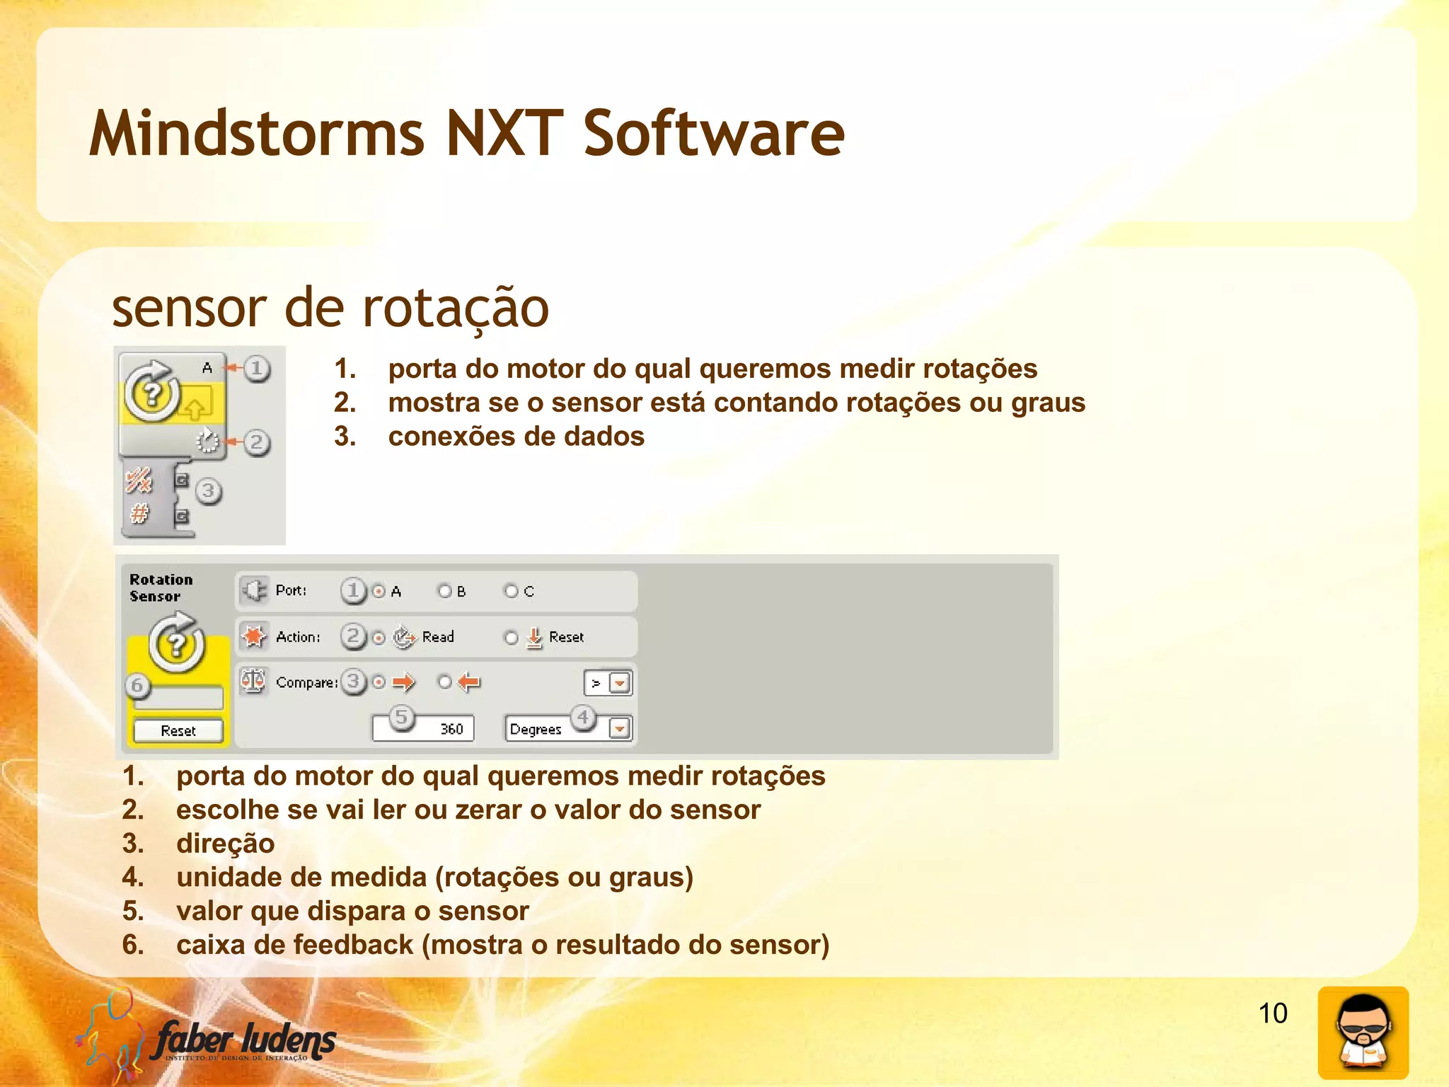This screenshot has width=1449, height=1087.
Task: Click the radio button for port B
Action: coord(445,591)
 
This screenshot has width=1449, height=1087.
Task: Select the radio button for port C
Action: coord(511,591)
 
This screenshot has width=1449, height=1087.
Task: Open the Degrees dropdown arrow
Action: coord(620,729)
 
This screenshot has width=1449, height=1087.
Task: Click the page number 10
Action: coord(1272,1013)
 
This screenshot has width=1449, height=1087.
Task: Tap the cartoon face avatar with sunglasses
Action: coord(1363,1033)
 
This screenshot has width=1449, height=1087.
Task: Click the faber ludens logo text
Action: coord(245,1040)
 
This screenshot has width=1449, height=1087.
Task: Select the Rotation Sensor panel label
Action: coord(161,588)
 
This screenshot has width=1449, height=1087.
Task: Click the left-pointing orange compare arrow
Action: coord(468,682)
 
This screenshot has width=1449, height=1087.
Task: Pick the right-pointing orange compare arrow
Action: coord(403,682)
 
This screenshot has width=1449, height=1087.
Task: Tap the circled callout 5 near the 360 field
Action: coord(401,717)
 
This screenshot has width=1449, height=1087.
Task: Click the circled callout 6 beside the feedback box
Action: coord(137,685)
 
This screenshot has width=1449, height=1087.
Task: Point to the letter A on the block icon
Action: coord(207,367)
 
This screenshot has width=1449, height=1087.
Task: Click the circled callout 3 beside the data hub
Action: coord(208,490)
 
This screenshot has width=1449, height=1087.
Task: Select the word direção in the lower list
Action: coord(225,844)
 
